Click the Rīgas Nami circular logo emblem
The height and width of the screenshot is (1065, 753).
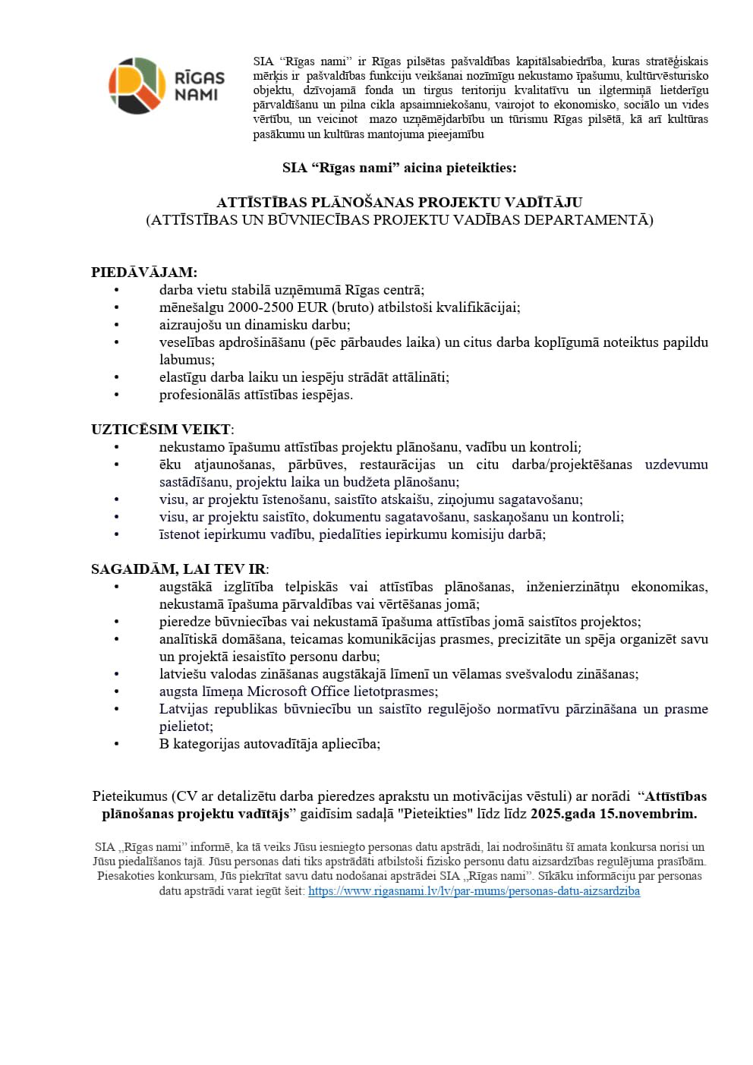(137, 86)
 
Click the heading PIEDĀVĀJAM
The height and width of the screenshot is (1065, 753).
(143, 272)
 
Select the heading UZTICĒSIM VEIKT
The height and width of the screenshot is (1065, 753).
(161, 429)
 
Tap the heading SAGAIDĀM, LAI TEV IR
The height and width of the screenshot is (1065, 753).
(178, 569)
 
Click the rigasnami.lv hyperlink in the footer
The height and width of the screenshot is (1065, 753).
(474, 891)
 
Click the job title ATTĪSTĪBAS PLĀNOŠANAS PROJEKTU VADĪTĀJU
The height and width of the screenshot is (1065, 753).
(399, 202)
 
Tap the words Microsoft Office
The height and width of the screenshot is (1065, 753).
(298, 692)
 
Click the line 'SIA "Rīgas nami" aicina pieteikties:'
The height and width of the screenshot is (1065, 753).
(399, 168)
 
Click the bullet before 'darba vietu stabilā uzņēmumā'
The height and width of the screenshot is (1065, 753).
(117, 291)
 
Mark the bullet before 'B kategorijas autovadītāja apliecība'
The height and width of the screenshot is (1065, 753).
(117, 745)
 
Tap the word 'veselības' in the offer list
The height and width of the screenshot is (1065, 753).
(187, 342)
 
